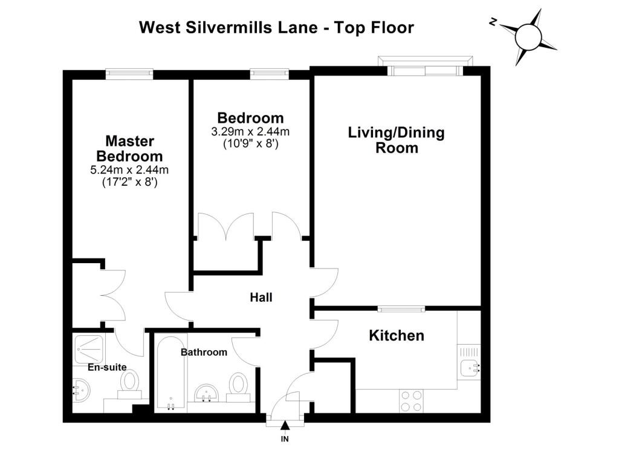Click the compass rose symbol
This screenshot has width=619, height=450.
click(x=528, y=36)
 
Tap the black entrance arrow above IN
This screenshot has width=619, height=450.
click(x=285, y=426)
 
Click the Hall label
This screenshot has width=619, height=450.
click(x=261, y=297)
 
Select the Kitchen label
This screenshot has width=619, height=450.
click(x=397, y=336)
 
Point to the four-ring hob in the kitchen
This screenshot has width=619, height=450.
click(x=411, y=401)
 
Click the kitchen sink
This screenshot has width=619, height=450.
click(x=470, y=368)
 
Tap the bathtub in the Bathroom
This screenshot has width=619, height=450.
click(x=170, y=373)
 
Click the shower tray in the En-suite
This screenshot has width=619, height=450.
click(x=89, y=350)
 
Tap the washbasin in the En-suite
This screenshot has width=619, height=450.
click(x=82, y=391)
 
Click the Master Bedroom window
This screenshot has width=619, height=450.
click(x=129, y=74)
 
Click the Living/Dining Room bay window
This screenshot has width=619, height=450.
click(x=425, y=65)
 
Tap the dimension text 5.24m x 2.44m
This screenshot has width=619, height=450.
click(x=129, y=170)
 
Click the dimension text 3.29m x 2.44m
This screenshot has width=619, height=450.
click(x=250, y=131)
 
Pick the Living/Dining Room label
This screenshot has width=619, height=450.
click(x=397, y=140)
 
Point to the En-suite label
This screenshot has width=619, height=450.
click(x=107, y=367)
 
